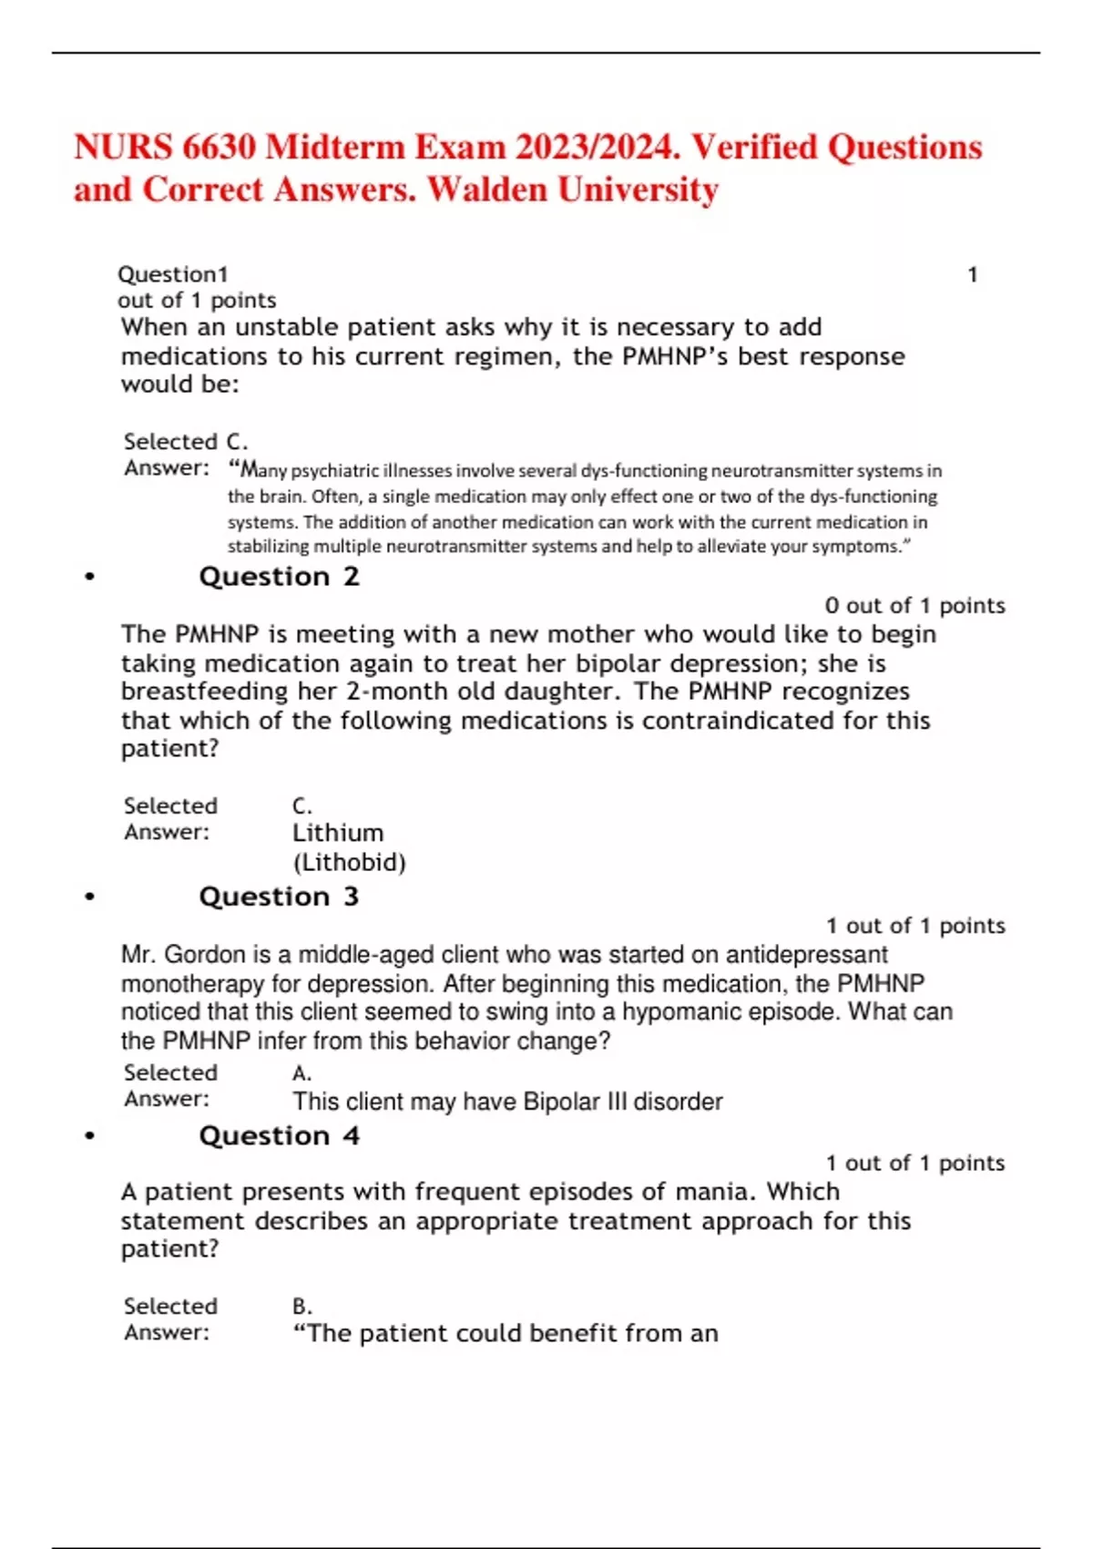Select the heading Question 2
pyautogui.click(x=279, y=577)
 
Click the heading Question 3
pyautogui.click(x=279, y=897)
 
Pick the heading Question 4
pyautogui.click(x=279, y=1135)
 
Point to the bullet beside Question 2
pyautogui.click(x=89, y=577)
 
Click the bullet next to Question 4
pyautogui.click(x=89, y=1136)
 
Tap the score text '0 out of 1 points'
pyautogui.click(x=914, y=606)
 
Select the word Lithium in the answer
pyautogui.click(x=338, y=833)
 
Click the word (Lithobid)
pyautogui.click(x=349, y=862)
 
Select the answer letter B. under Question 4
pyautogui.click(x=302, y=1306)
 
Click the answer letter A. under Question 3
pyautogui.click(x=302, y=1073)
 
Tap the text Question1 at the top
pyautogui.click(x=173, y=274)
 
